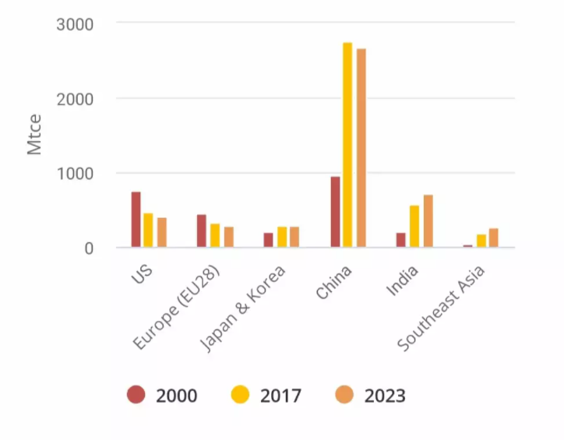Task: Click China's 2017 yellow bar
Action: (x=347, y=145)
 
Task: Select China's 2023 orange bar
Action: (x=361, y=148)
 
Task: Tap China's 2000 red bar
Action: (x=335, y=212)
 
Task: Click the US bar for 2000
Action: (x=136, y=220)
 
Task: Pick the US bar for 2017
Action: (x=148, y=231)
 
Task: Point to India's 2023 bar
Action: (x=428, y=221)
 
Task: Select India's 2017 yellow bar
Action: (x=414, y=227)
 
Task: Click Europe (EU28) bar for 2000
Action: (x=202, y=231)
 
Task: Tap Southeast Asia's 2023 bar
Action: (x=493, y=238)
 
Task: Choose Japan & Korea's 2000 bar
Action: (x=269, y=240)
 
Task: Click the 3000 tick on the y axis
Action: (x=76, y=24)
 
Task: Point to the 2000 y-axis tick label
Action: (x=76, y=99)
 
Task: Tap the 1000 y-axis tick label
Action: (x=76, y=174)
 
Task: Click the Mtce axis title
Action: (x=34, y=135)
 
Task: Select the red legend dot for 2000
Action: (x=137, y=396)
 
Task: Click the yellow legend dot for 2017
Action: (x=241, y=396)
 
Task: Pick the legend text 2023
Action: (x=385, y=396)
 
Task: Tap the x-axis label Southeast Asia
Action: (x=442, y=308)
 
